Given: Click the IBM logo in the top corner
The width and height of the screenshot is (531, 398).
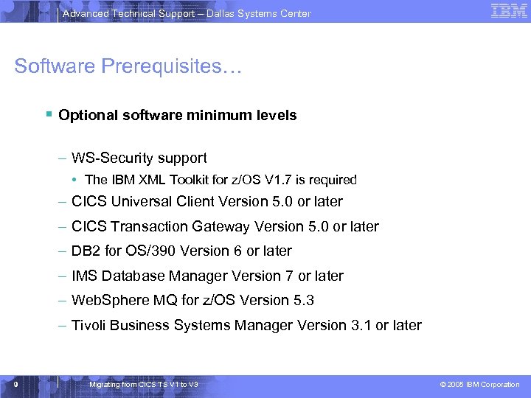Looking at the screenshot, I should (509, 11).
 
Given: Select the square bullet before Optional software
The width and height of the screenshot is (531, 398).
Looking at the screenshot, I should (48, 115).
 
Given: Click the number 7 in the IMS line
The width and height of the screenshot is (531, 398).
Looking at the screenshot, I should (288, 276).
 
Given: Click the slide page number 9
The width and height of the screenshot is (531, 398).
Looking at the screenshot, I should (15, 384).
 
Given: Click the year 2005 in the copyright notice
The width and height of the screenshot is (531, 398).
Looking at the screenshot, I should (457, 385).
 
